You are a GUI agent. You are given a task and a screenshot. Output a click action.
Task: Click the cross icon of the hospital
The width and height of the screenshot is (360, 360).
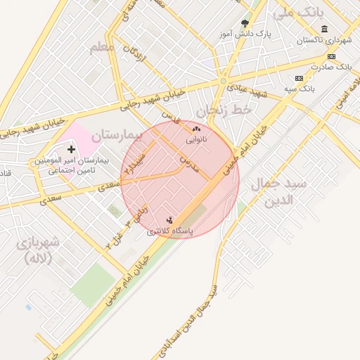click(72, 149)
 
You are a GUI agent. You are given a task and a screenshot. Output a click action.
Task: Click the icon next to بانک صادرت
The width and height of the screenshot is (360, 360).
click(332, 56)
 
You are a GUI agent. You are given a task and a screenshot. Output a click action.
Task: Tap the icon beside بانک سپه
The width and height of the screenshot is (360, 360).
click(300, 77)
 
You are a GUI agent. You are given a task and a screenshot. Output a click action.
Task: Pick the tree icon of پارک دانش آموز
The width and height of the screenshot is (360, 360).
click(245, 23)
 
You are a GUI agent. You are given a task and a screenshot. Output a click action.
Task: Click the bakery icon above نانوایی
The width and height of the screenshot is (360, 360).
click(196, 129)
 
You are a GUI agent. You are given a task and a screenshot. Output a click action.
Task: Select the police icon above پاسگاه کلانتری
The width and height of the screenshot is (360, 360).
click(169, 220)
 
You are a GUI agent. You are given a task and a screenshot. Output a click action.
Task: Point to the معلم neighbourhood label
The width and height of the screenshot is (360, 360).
click(102, 48)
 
